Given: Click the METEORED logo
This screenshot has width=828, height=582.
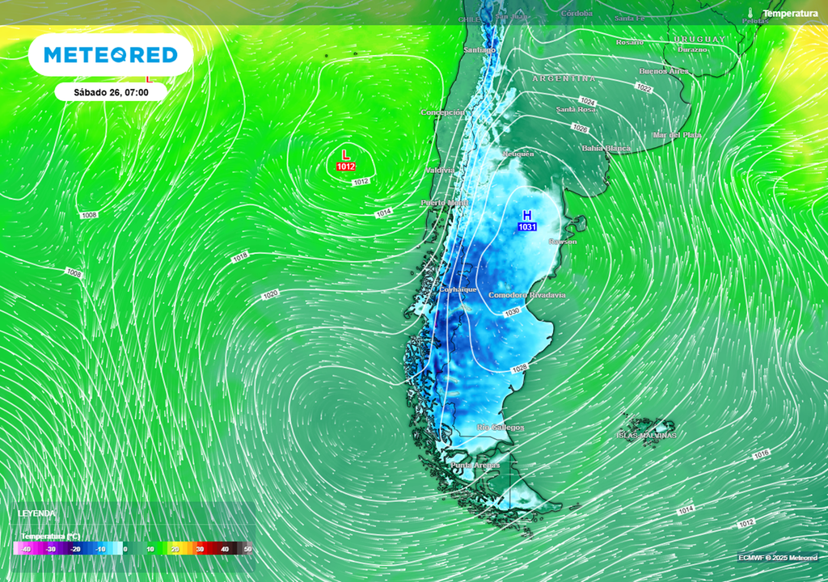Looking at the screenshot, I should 110,55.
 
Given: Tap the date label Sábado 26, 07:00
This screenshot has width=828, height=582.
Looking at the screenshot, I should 110,92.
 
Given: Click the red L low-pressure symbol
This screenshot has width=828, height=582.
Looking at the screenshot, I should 346,154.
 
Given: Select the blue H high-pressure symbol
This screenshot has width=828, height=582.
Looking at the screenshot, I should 526,215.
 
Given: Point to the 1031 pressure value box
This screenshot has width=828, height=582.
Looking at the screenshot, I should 527,228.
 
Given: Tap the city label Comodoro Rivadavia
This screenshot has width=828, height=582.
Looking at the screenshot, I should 526,296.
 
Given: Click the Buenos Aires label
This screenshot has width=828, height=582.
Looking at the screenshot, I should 664,71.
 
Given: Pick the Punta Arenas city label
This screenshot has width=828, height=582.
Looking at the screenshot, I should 475,465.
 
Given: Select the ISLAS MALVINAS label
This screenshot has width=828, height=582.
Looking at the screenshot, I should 646,436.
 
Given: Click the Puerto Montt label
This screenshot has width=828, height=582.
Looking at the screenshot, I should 444,203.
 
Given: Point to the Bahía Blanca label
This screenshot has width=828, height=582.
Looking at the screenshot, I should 606,149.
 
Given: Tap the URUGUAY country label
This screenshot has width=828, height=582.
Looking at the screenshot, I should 699,39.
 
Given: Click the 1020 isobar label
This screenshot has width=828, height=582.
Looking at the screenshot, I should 270,294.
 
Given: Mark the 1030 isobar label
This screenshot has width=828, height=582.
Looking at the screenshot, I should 511,312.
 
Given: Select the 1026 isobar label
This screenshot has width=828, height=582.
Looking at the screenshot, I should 580,128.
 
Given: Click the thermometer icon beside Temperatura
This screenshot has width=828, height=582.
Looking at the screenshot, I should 751,13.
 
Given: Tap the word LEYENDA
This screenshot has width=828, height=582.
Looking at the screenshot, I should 37,513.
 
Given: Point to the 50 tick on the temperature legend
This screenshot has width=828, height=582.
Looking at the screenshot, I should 247,550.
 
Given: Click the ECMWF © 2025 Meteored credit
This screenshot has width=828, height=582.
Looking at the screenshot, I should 777,558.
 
